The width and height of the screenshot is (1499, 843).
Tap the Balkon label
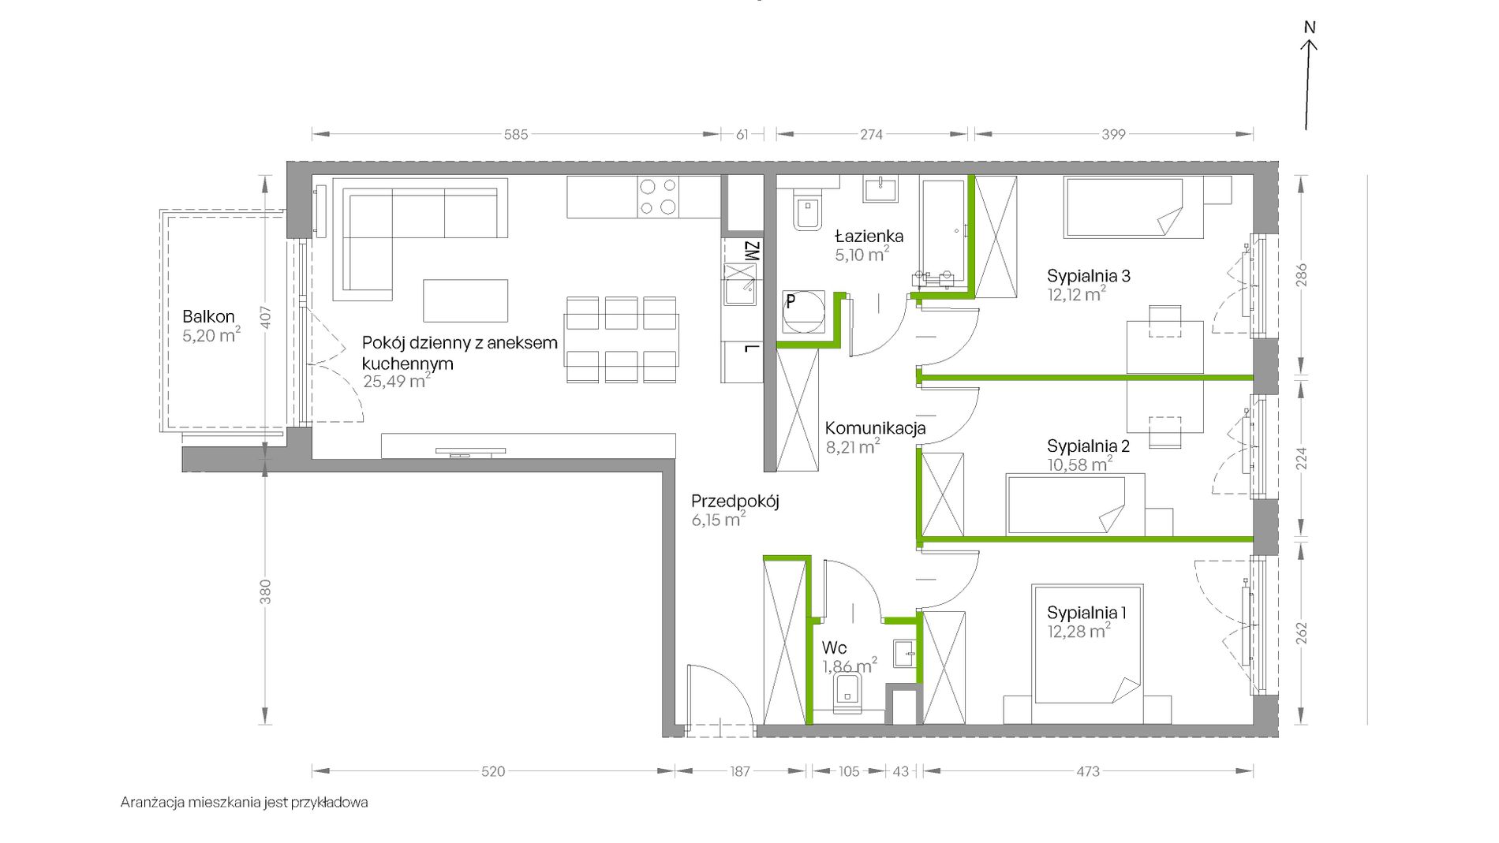point(208,316)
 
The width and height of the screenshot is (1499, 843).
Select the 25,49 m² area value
point(396,381)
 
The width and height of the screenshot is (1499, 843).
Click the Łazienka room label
point(869,236)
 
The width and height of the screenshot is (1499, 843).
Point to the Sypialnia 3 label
point(1089,275)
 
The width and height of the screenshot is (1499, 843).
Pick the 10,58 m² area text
point(1080,464)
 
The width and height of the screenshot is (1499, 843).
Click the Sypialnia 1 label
point(1086,612)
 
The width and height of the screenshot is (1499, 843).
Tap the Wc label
point(834,647)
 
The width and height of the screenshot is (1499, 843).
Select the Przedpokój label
point(735,502)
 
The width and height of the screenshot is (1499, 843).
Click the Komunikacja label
point(875,428)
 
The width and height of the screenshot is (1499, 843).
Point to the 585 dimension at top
point(516,135)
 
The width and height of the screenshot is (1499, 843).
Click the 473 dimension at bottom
point(1088,771)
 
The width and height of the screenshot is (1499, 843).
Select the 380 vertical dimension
point(266,591)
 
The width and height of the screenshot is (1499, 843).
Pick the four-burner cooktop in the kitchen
point(658,197)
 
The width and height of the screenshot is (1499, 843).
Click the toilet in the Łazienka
point(807,210)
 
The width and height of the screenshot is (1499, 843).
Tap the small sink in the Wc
point(905,654)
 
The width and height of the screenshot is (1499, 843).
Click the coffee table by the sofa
point(465,300)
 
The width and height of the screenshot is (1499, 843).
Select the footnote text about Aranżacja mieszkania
point(245,803)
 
